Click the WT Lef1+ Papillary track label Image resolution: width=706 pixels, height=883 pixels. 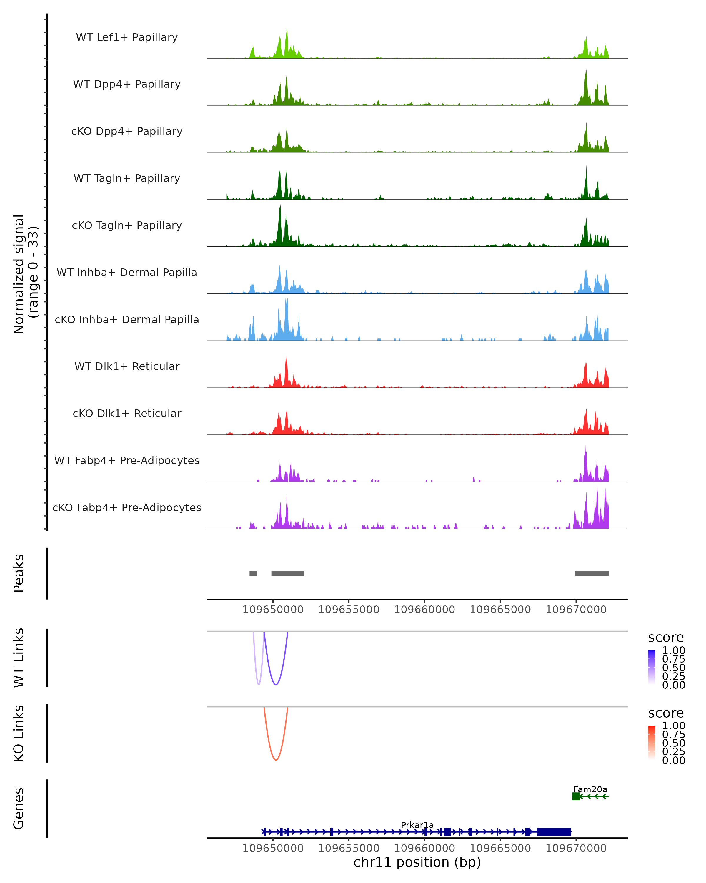coord(127,37)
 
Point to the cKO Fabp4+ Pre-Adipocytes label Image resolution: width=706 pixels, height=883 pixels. coord(127,507)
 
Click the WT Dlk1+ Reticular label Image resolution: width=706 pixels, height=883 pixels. coord(127,366)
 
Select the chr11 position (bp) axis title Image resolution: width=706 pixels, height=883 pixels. coord(417,862)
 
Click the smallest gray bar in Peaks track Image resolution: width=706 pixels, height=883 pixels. coord(253,573)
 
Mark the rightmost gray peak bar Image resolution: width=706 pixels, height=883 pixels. coord(592,573)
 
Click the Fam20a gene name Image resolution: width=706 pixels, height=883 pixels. coord(590,789)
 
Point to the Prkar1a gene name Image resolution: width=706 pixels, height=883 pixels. coord(417,825)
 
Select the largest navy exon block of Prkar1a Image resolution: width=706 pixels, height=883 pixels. coord(554,832)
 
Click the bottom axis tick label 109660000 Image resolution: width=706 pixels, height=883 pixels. coord(424,848)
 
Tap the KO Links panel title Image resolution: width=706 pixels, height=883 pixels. coord(19,733)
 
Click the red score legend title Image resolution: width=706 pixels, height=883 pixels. coord(666,713)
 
